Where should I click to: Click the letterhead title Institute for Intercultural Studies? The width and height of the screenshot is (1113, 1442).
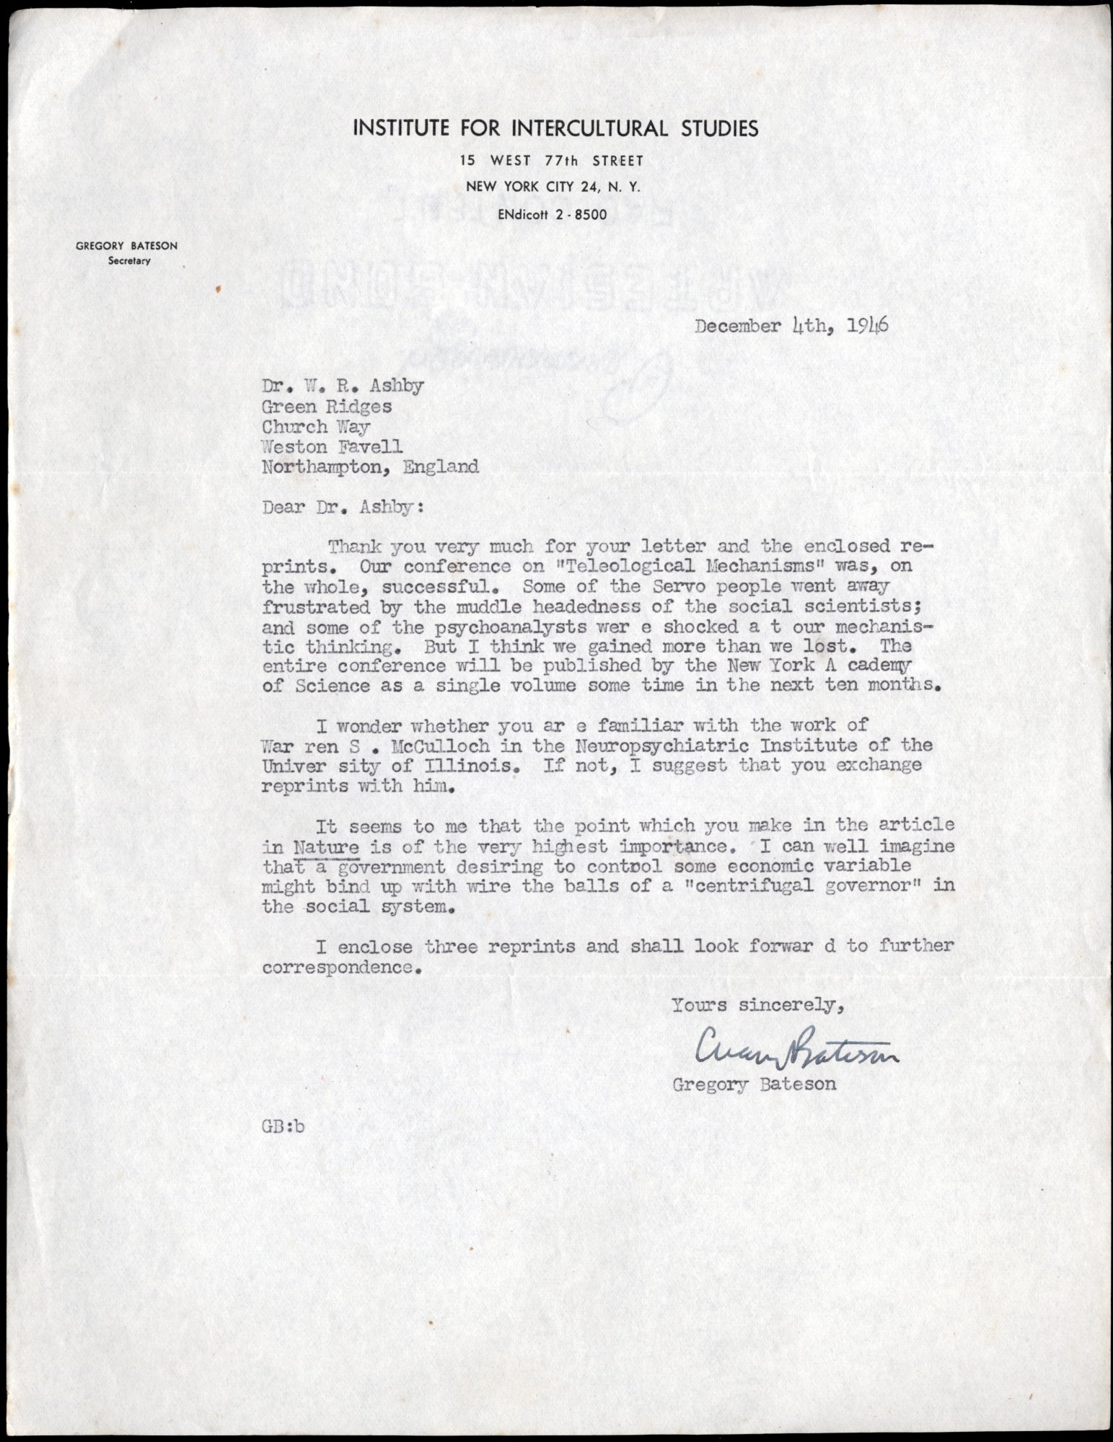(555, 129)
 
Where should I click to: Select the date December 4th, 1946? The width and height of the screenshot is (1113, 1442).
(791, 326)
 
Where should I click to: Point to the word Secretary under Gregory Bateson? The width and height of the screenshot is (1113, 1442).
(129, 261)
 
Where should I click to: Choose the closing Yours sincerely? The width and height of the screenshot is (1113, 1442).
(757, 1004)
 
